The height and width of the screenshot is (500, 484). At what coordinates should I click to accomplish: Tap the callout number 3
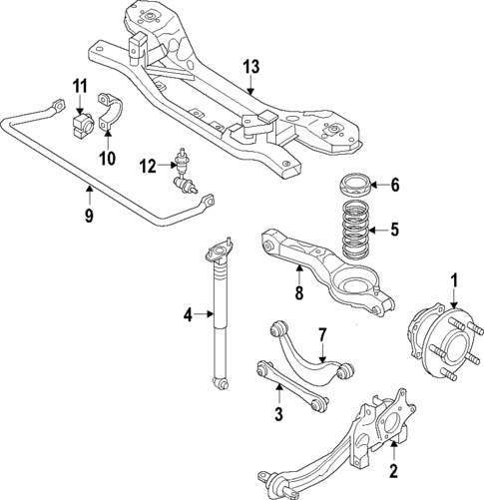279,413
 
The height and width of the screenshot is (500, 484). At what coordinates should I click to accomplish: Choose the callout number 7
321,334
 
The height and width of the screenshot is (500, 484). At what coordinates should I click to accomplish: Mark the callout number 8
297,293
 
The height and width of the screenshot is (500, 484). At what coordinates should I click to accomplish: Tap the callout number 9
89,214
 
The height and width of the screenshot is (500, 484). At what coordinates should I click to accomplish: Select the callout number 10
107,158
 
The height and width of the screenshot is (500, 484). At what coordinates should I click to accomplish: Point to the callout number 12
148,166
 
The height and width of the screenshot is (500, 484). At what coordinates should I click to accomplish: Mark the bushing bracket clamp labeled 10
110,116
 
